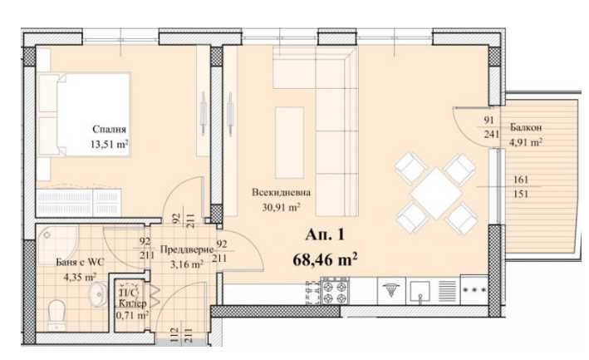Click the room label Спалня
point(109,131)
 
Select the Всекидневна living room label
point(275,192)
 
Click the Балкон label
point(527,128)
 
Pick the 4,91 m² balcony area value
point(526,141)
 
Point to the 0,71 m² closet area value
point(131,316)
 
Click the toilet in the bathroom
point(57,313)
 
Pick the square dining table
point(434,193)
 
